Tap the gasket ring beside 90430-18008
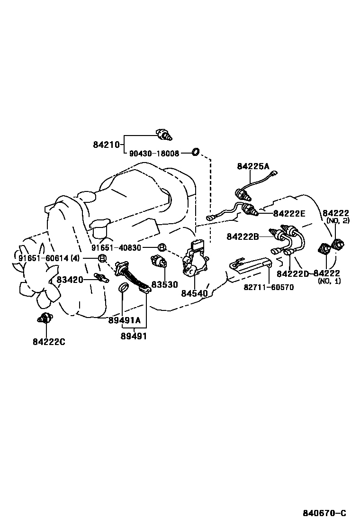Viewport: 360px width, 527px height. point(195,152)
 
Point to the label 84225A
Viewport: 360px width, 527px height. point(253,166)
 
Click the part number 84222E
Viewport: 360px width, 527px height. point(289,214)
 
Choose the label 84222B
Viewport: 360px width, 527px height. point(242,236)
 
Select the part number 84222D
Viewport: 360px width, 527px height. point(293,273)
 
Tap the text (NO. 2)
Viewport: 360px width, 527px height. point(338,221)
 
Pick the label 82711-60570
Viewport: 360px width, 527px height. point(269,287)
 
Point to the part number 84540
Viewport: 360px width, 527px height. point(194,293)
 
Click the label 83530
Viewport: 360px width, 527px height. point(164,285)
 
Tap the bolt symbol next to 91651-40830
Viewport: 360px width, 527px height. point(162,247)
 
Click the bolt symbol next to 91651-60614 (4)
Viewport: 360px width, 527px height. point(102,258)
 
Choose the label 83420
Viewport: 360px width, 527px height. point(70,280)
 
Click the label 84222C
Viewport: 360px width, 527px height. point(48,341)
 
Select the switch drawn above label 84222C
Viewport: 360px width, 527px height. point(45,318)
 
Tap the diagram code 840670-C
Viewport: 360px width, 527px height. point(324,513)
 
